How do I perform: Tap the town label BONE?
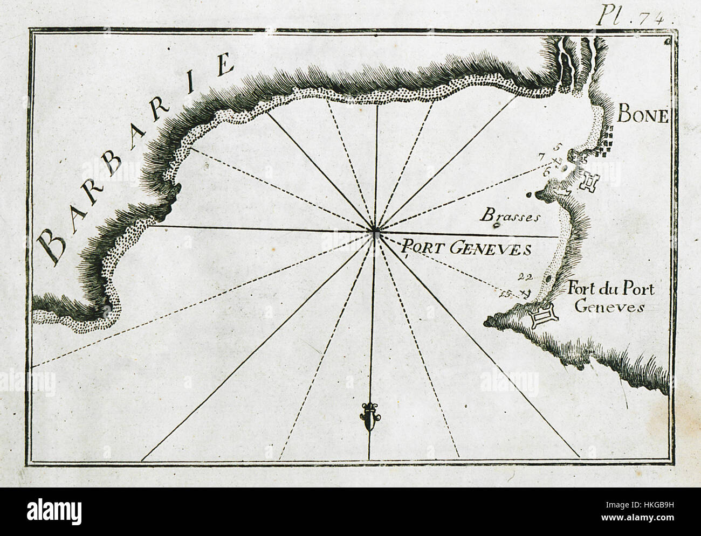tap(643, 115)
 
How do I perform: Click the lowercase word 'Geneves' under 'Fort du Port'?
tap(609, 307)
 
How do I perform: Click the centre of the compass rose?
tap(375, 232)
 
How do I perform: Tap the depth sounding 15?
tap(505, 294)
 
